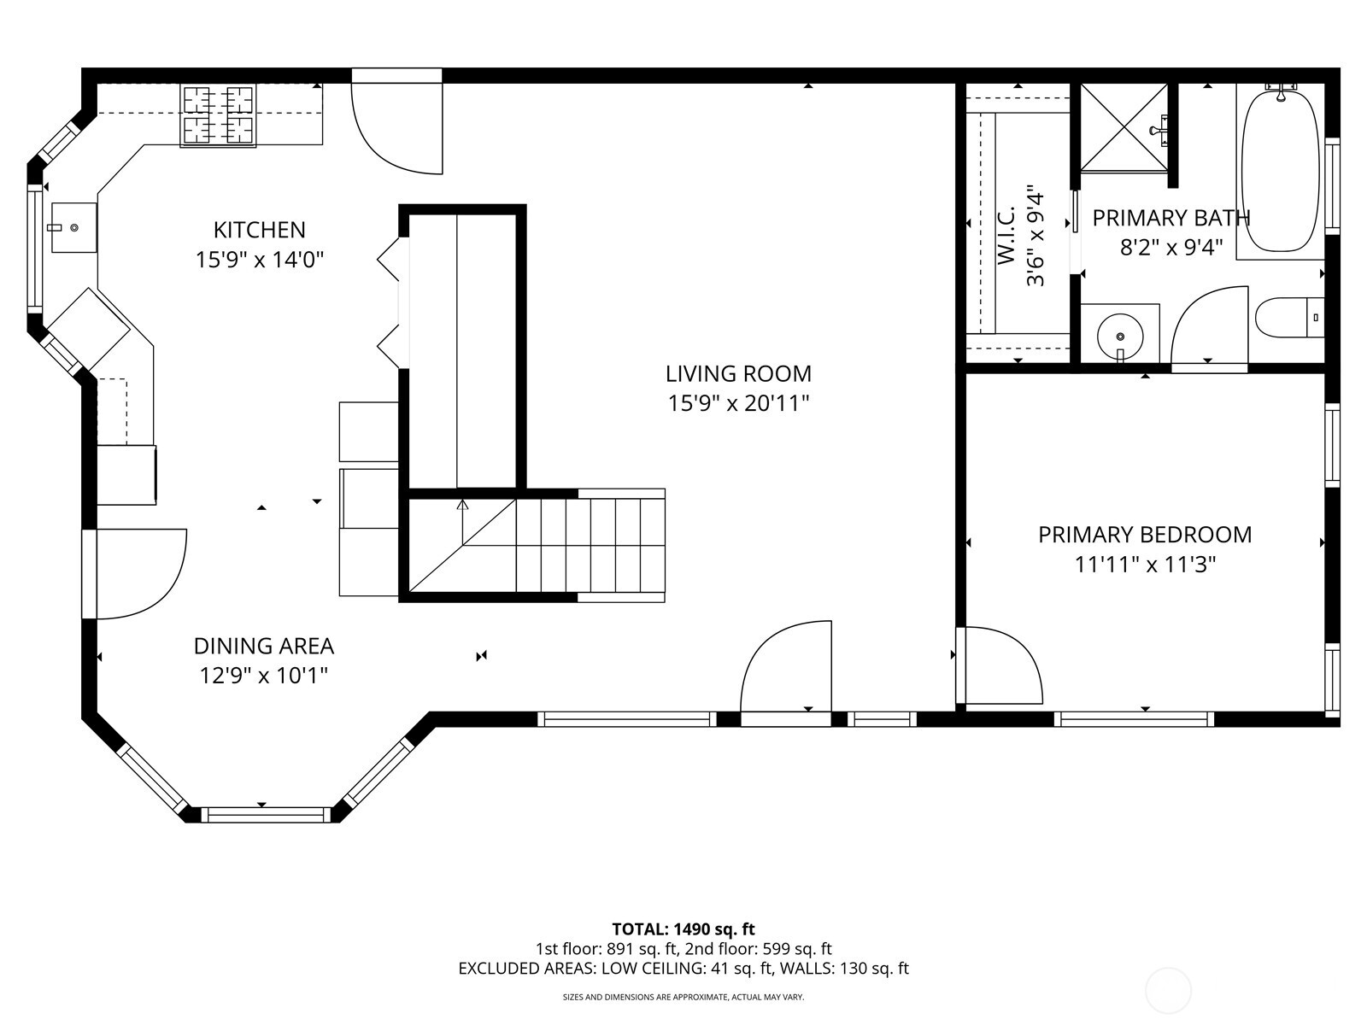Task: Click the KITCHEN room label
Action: (259, 230)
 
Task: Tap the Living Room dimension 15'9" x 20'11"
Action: (738, 403)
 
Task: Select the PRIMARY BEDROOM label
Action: (1145, 535)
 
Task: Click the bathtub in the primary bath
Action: (1280, 171)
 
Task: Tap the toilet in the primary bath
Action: (1288, 318)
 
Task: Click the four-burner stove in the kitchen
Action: (219, 115)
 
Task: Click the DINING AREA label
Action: (263, 646)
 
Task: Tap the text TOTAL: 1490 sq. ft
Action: (683, 929)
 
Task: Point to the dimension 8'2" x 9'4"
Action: (1171, 248)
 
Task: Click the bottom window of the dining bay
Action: (267, 814)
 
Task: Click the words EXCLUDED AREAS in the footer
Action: (526, 969)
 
